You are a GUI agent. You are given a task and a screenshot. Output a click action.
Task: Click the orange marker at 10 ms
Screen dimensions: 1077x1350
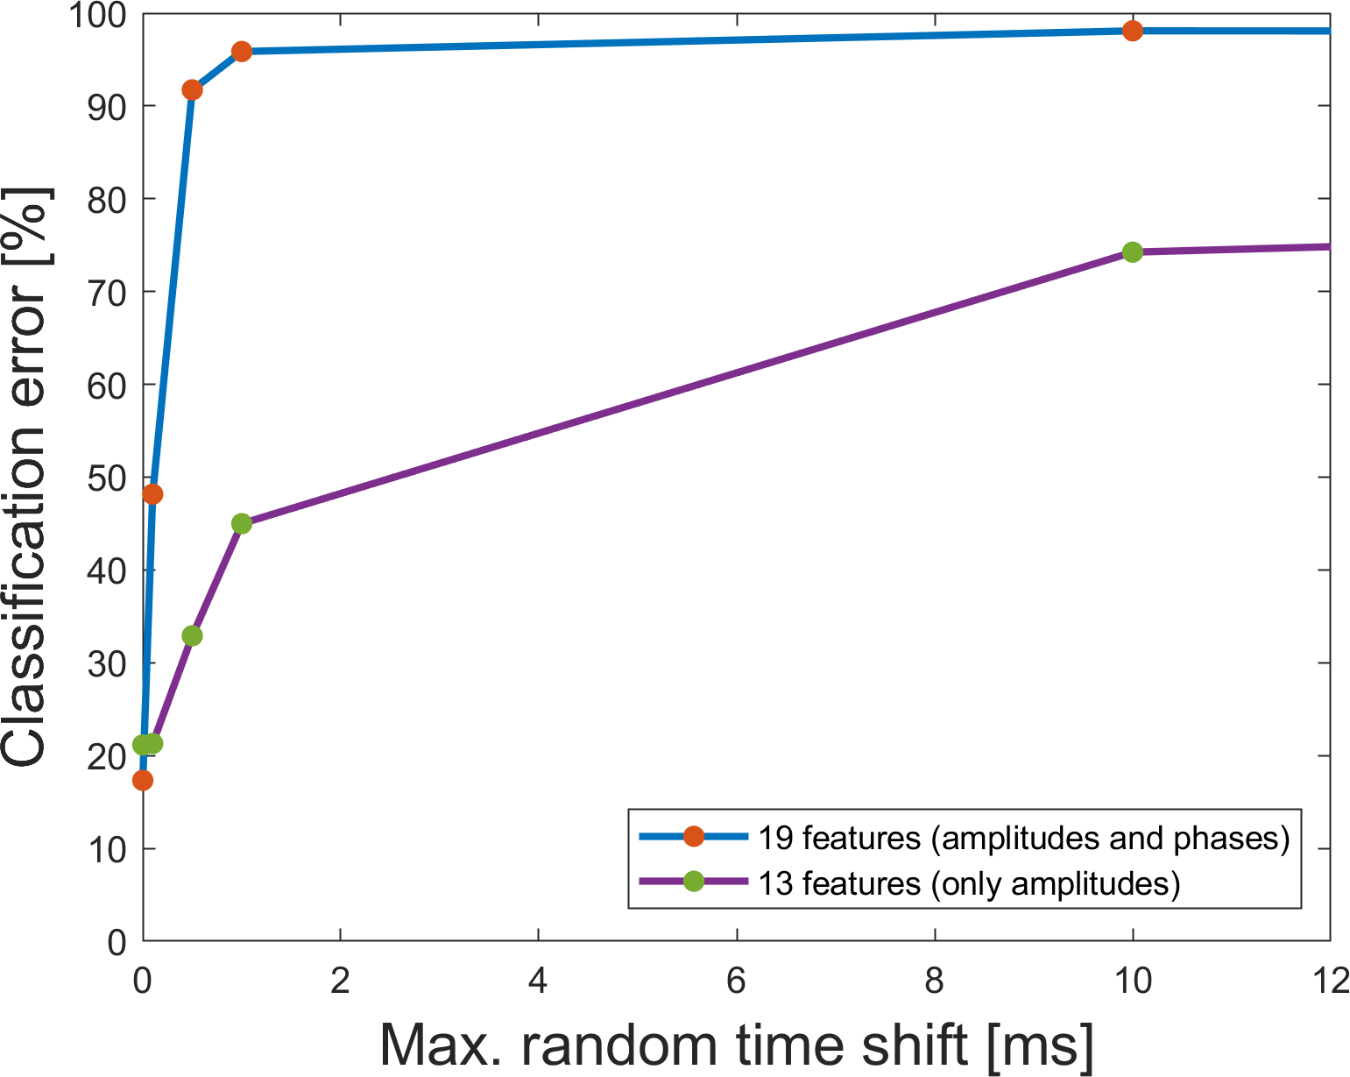click(x=1132, y=31)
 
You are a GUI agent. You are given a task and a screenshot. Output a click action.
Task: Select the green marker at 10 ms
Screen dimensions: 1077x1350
click(x=1132, y=252)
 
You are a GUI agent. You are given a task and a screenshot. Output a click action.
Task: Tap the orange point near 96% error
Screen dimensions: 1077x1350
click(x=242, y=52)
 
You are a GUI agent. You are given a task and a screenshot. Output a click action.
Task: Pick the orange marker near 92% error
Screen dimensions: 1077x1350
click(x=192, y=90)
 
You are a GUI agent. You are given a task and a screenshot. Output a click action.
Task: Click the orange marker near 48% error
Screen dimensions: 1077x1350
click(x=152, y=494)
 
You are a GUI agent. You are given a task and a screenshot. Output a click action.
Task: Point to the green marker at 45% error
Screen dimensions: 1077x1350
click(x=242, y=524)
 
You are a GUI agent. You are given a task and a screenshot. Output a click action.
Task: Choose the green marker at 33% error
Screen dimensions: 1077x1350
click(x=192, y=635)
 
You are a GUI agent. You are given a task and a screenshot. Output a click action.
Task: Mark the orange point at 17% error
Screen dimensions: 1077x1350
click(x=143, y=780)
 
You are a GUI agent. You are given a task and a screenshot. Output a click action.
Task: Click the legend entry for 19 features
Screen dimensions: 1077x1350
click(x=1023, y=838)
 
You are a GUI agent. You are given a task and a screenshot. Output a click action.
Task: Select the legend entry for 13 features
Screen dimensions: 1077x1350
click(x=969, y=883)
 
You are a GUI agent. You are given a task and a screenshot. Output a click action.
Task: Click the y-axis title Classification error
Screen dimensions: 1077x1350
click(x=26, y=478)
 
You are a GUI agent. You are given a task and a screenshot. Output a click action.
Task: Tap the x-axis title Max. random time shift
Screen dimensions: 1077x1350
click(x=736, y=1045)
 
